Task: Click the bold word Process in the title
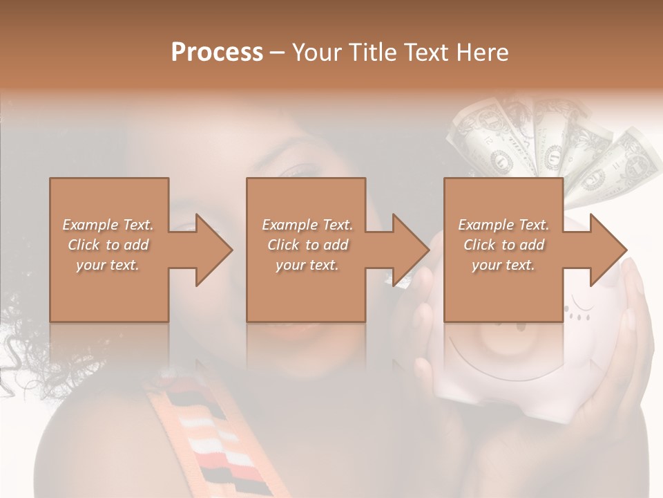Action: pos(217,52)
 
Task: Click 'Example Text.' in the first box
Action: pos(108,225)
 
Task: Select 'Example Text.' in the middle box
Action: pos(307,225)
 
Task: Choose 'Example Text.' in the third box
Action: pos(503,225)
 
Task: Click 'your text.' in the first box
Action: pos(108,265)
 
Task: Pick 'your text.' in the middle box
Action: pos(307,265)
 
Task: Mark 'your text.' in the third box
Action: pos(503,265)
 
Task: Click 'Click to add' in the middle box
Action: pos(307,245)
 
